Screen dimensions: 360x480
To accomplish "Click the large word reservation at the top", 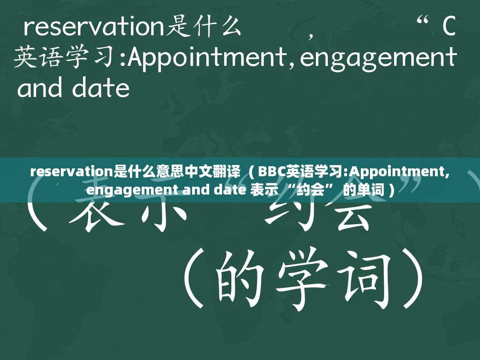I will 94,27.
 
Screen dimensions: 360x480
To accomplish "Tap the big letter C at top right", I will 448,27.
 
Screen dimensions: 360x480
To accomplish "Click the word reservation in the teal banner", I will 72,171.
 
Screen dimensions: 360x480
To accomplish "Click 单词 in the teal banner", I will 370,190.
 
